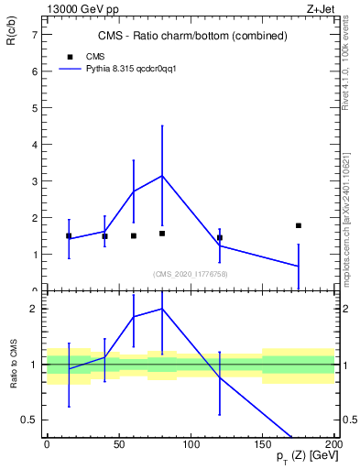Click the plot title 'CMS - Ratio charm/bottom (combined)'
click(x=192, y=37)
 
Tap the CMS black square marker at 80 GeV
click(x=162, y=234)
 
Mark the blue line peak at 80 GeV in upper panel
click(x=162, y=176)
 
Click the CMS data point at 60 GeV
click(x=134, y=235)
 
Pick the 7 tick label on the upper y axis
click(x=34, y=35)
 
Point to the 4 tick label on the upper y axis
click(x=34, y=145)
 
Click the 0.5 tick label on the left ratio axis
click(x=31, y=420)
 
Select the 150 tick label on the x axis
click(x=263, y=443)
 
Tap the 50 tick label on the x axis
click(x=119, y=443)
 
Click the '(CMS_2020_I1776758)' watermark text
click(x=191, y=274)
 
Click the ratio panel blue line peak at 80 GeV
click(x=162, y=309)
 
